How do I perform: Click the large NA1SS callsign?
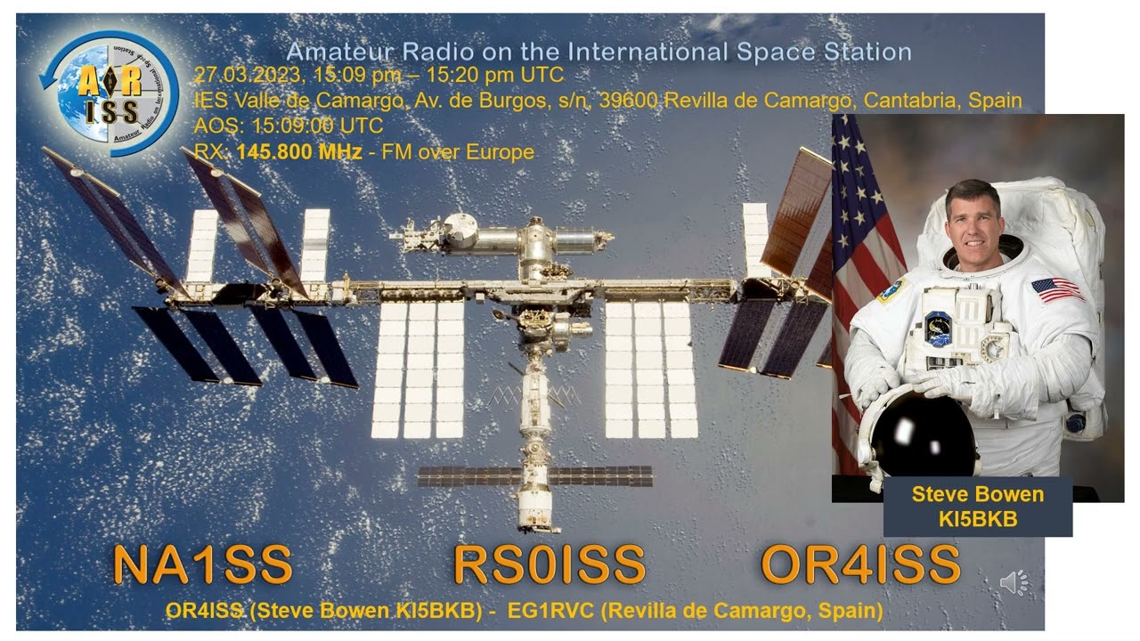point(202,564)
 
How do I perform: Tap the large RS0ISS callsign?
point(549,564)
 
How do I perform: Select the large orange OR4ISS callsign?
point(860,564)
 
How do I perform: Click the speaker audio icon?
point(1014,583)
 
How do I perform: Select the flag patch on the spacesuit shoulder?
point(1057,289)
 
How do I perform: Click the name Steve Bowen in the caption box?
point(977,495)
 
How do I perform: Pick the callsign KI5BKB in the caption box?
point(977,519)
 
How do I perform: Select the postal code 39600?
point(631,101)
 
